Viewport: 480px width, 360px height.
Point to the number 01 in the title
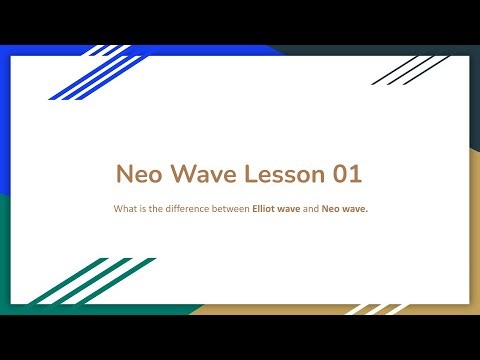coord(343,174)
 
